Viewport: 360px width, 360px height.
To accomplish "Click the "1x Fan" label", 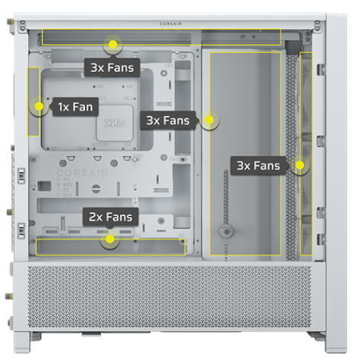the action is point(75,107).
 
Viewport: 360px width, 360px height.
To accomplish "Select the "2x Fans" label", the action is point(111,217).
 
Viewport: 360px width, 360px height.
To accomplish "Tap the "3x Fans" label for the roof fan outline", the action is point(112,67).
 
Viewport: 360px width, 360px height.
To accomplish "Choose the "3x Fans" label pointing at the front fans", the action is point(258,166).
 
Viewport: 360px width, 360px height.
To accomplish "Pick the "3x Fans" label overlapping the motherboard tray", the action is point(167,121).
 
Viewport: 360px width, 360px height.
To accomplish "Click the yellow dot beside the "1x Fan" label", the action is point(39,106).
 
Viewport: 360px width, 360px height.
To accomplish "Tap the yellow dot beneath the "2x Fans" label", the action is point(110,239).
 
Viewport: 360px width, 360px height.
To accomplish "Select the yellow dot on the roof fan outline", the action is point(113,45).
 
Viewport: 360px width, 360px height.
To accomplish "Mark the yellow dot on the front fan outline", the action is point(300,165).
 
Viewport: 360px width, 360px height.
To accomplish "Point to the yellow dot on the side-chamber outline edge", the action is point(209,120).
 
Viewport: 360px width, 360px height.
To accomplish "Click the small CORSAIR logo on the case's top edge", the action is point(171,23).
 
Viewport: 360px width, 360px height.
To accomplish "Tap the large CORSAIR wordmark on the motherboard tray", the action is point(83,173).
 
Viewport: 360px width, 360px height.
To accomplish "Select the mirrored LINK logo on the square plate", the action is point(115,123).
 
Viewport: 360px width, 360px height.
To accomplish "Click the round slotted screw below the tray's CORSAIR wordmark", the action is point(96,189).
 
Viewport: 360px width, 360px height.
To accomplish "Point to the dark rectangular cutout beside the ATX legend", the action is point(45,186).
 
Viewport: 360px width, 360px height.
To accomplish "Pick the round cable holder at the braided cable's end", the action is point(226,231).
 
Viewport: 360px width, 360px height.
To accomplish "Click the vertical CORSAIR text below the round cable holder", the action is point(226,252).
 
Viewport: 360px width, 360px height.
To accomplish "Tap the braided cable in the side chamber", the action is point(226,197).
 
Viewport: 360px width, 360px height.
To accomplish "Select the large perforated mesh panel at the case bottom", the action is point(170,297).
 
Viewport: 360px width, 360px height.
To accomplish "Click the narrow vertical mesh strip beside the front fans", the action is point(291,158).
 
